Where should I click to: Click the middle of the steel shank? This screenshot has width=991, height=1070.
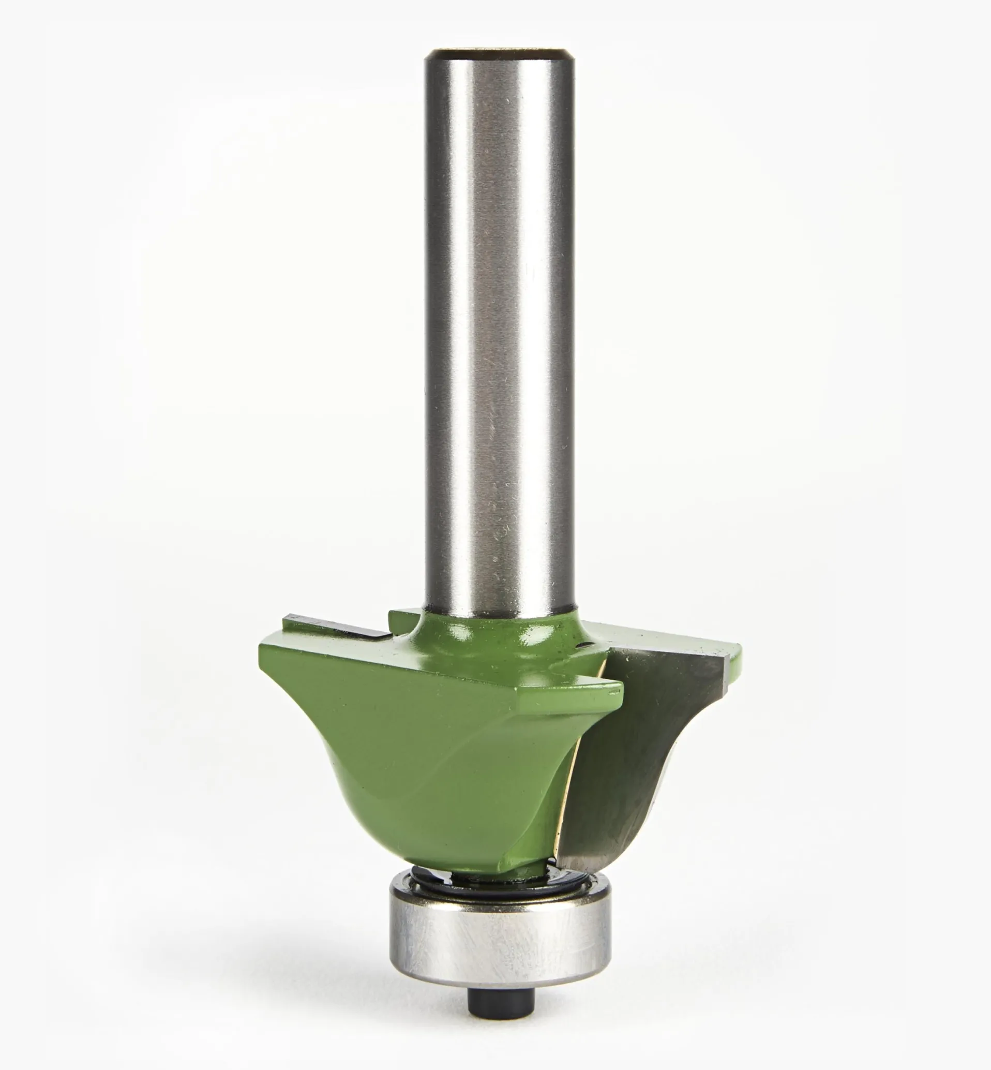click(x=499, y=322)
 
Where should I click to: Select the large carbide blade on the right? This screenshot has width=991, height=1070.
click(x=643, y=740)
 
